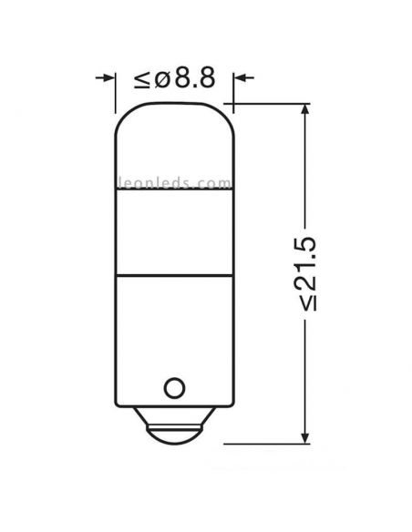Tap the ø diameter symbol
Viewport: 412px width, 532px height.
(x=162, y=79)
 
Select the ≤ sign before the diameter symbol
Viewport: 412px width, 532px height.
(x=143, y=80)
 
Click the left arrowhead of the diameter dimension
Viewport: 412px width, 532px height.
(x=108, y=79)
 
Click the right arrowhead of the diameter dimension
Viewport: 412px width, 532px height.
(x=242, y=79)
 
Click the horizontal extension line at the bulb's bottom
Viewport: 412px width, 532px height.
(x=264, y=444)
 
